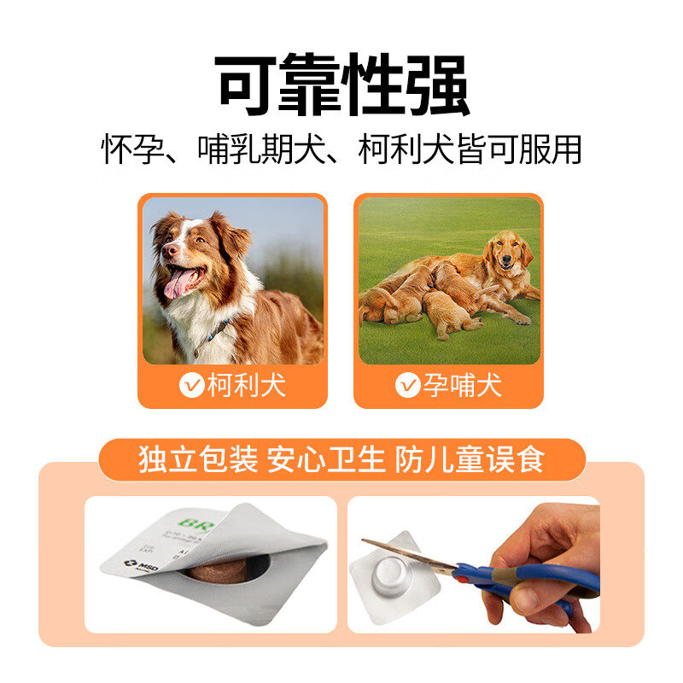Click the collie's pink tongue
pos(180,283)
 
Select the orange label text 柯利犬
pos(247,386)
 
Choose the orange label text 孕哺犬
pos(463,386)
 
